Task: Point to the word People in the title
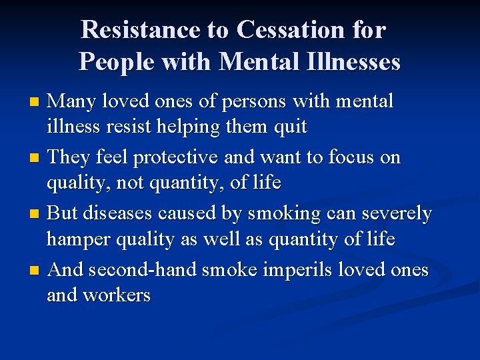pyautogui.click(x=111, y=61)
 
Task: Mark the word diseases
pyautogui.click(x=116, y=213)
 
